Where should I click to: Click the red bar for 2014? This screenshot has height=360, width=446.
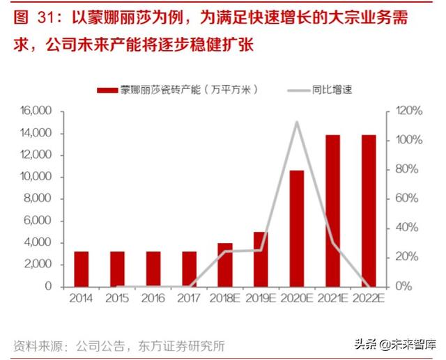[82, 269]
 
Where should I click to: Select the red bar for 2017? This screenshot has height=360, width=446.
[190, 269]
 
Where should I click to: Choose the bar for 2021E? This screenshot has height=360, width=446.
[333, 210]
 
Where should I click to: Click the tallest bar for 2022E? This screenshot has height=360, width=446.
[369, 210]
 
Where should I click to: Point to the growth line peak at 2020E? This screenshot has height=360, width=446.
[297, 123]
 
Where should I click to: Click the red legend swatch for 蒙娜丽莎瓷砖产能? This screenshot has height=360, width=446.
[107, 90]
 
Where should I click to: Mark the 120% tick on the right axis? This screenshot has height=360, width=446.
[408, 111]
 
